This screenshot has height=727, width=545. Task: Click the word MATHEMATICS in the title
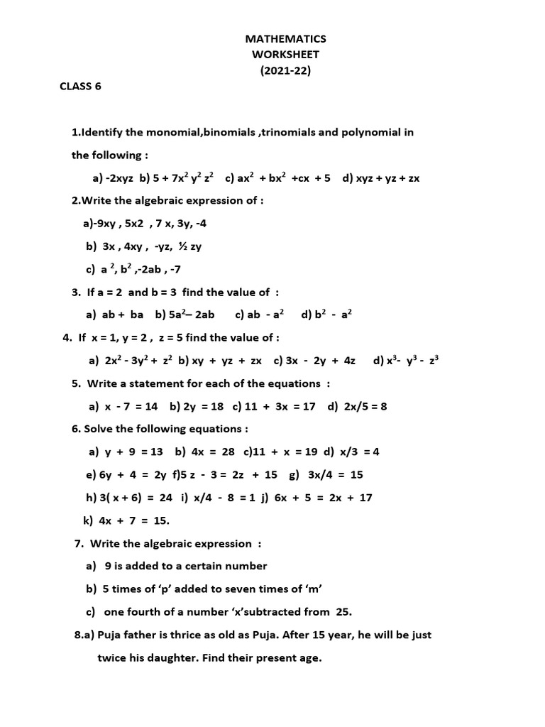pos(285,39)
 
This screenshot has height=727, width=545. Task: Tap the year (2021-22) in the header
pos(285,70)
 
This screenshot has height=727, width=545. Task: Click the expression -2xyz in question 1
pos(119,178)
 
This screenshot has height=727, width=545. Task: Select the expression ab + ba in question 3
pos(123,315)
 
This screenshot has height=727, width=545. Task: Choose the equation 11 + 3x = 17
pos(280,407)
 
